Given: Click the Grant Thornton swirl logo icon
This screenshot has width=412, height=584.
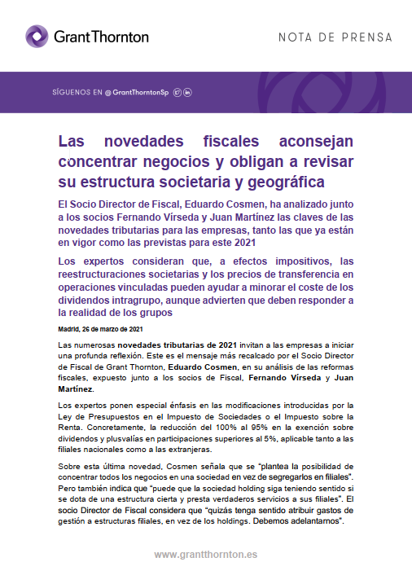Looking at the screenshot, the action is coord(38,37).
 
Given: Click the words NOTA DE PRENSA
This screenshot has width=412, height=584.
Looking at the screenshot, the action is coord(335,37).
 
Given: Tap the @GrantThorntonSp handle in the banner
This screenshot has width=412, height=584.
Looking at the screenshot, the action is coord(138,93).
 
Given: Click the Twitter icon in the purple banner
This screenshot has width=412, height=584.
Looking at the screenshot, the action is coord(178,93).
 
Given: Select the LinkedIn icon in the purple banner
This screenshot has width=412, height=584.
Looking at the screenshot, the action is coord(188,93).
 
